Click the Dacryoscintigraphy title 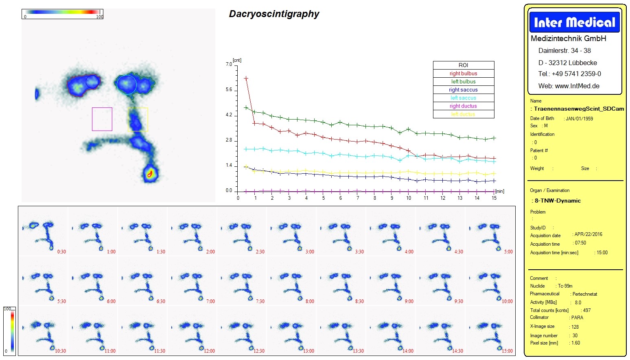coord(274,14)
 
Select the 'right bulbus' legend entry coord(463,74)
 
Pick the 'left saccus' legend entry coord(463,98)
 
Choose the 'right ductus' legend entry coord(463,106)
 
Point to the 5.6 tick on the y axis coord(229,89)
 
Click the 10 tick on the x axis coord(409,198)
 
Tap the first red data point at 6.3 coord(246,78)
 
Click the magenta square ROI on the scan coord(102,119)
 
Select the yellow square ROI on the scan coord(138,120)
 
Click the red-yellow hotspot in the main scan coord(150,174)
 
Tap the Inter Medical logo coord(574,22)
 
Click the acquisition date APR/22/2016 coord(588,234)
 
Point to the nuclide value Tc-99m coord(565,286)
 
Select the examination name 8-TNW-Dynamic coord(558,201)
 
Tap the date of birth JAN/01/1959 coord(579,119)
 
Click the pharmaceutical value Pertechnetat coord(585,294)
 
